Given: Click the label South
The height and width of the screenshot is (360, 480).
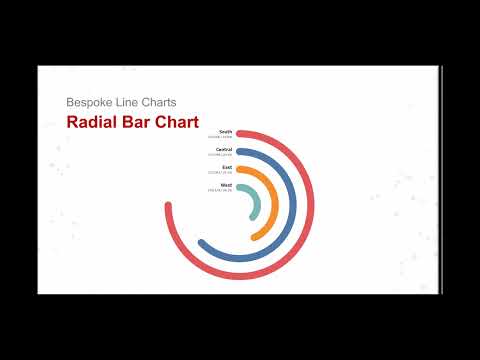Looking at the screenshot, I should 225,131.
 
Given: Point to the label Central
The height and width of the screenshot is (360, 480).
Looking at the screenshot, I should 224,150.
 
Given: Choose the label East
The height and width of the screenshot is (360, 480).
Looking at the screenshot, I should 227,167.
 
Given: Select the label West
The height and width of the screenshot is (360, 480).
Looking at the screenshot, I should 226,185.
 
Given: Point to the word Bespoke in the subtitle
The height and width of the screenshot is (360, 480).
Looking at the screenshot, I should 88,102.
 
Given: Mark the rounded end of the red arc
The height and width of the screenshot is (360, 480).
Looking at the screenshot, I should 166,208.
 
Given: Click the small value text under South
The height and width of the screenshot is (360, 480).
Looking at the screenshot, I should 220,137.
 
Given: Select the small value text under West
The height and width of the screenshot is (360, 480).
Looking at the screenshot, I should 220,190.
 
